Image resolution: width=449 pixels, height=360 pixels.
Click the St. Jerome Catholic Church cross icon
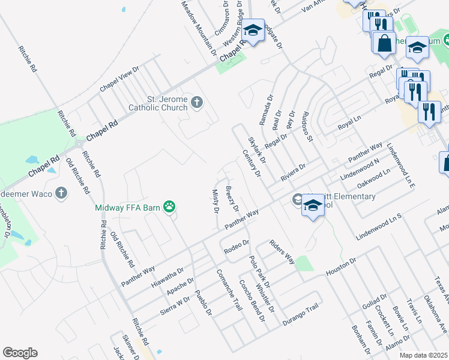click(196, 103)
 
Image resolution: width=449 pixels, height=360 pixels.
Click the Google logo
click(20, 353)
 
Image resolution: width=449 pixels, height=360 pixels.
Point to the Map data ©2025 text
click(424, 355)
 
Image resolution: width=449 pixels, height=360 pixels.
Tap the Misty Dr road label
click(215, 200)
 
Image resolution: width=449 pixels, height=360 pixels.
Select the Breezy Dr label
click(232, 199)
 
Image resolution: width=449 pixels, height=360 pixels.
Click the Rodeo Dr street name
click(236, 245)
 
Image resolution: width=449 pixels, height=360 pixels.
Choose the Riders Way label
click(282, 251)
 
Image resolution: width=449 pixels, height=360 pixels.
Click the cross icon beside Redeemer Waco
click(60, 193)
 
